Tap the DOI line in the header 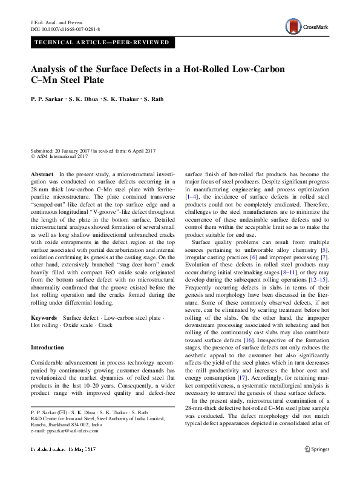point(65,28)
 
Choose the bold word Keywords point(44,318)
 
